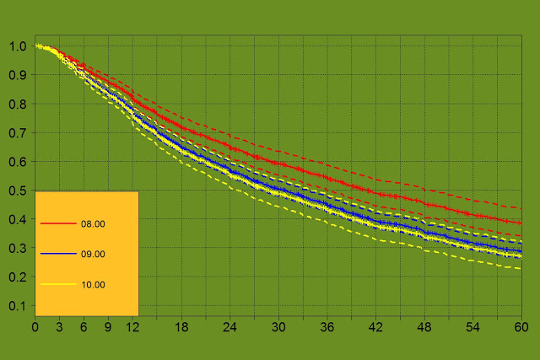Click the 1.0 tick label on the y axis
(x=18, y=46)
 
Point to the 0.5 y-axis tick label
(x=18, y=191)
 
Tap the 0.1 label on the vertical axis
(x=18, y=306)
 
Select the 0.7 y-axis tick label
(x=18, y=133)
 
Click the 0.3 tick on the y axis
(x=18, y=249)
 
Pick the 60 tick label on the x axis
(x=521, y=325)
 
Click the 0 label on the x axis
(x=35, y=325)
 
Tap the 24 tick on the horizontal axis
(x=229, y=325)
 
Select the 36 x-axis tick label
(x=327, y=325)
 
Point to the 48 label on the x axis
(x=424, y=325)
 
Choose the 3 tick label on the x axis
(x=60, y=325)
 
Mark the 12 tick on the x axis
(x=132, y=325)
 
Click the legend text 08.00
(x=93, y=224)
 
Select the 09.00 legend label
(x=93, y=255)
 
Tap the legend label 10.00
(x=93, y=285)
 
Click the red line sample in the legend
(x=57, y=223)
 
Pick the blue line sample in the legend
(x=57, y=254)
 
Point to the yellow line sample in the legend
(x=57, y=284)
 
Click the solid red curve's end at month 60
(x=521, y=223)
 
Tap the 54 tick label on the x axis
(x=472, y=325)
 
